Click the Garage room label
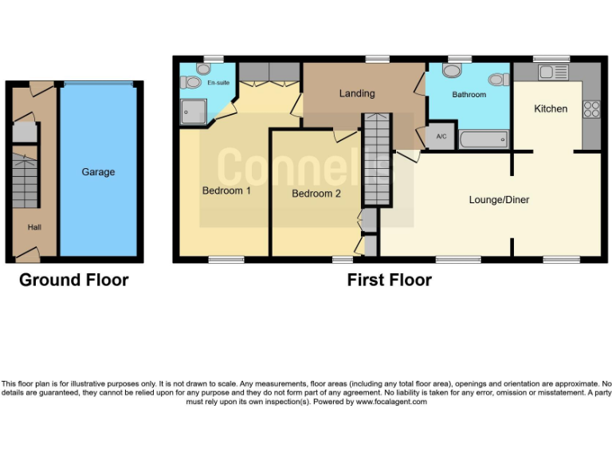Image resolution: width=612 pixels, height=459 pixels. (x=98, y=172)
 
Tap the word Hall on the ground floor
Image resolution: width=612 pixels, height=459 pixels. (x=35, y=227)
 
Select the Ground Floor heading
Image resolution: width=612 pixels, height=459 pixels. (x=73, y=280)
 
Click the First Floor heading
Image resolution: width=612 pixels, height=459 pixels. (x=389, y=280)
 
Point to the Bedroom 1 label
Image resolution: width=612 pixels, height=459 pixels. (x=226, y=191)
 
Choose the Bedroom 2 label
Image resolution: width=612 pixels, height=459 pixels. (x=316, y=194)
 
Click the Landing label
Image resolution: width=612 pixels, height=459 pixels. (x=356, y=93)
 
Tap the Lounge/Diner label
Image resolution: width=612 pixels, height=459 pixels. (x=499, y=200)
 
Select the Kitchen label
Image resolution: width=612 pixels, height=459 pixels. (x=551, y=108)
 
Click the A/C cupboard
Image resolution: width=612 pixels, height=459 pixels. (x=441, y=136)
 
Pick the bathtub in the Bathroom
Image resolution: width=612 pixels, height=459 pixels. (x=484, y=140)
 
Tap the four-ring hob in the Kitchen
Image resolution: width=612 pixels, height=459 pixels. (x=592, y=108)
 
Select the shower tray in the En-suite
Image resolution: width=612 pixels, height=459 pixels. (x=193, y=112)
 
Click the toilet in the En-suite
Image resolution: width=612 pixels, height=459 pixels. (x=190, y=81)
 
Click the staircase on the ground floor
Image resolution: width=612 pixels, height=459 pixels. (x=25, y=181)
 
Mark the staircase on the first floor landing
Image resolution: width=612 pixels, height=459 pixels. (x=375, y=159)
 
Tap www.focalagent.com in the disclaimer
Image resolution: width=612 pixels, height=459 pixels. (x=390, y=402)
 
